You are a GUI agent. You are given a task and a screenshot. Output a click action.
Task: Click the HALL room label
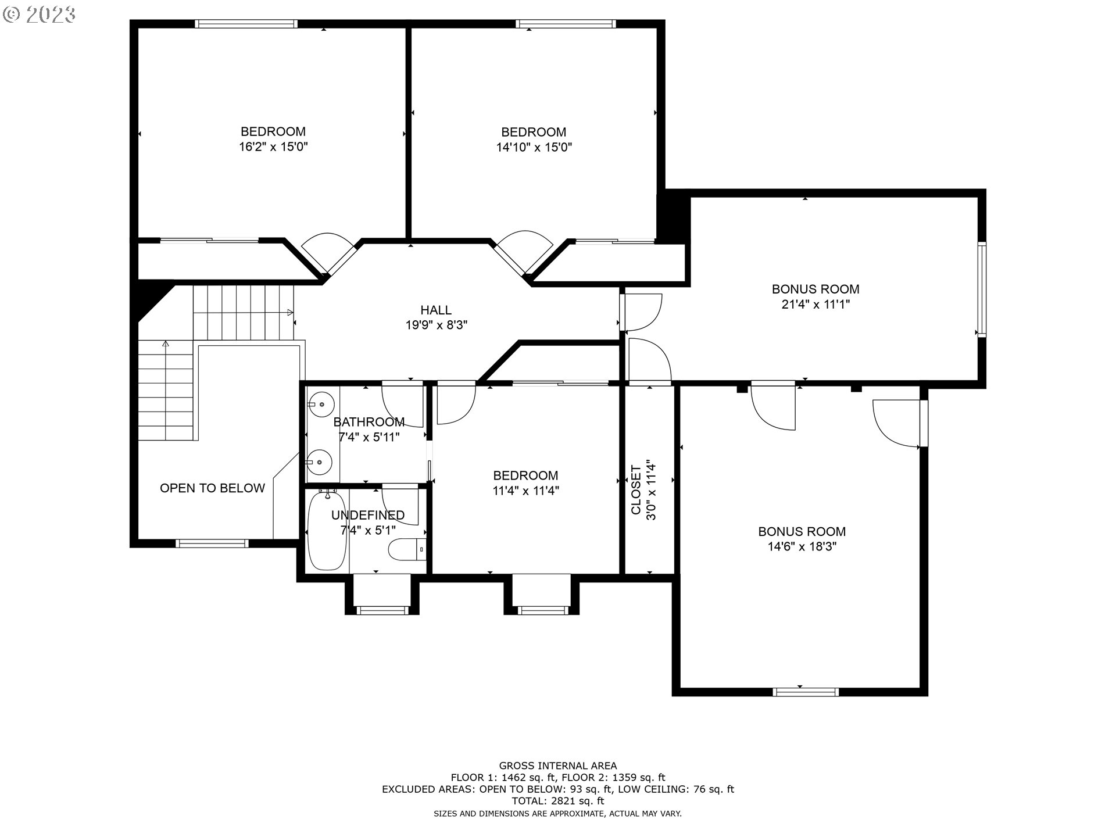(x=436, y=310)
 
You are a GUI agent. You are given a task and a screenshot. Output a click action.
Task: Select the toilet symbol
(x=407, y=549)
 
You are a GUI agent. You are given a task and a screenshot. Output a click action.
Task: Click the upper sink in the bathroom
(x=320, y=402)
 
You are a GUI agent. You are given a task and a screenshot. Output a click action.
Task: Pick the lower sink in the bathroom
(x=320, y=462)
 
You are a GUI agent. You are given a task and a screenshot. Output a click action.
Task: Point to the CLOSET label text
(x=636, y=489)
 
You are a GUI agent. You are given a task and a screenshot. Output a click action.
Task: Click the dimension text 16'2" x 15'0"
(x=273, y=146)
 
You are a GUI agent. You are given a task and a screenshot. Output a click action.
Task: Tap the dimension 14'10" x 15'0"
(x=534, y=147)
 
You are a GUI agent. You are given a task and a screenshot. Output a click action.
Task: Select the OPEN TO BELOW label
(x=212, y=488)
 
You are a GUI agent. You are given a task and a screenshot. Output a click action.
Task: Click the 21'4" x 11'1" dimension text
(x=815, y=304)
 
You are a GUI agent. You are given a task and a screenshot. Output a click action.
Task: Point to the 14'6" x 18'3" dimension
(x=802, y=546)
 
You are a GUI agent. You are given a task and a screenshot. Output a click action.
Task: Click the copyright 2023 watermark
(x=40, y=15)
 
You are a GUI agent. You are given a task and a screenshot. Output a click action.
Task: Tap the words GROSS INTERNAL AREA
(x=558, y=766)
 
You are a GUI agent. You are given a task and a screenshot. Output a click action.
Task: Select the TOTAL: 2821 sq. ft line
(x=558, y=800)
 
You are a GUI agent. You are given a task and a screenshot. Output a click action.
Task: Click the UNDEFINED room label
(x=368, y=515)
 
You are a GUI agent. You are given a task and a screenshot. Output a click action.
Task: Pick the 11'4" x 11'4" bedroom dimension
(x=525, y=491)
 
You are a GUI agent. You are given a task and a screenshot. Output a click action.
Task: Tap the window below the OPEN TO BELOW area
(x=212, y=543)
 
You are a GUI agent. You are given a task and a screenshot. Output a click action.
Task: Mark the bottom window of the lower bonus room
(x=806, y=692)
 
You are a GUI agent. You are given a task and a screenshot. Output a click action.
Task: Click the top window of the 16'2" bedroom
(x=246, y=24)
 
